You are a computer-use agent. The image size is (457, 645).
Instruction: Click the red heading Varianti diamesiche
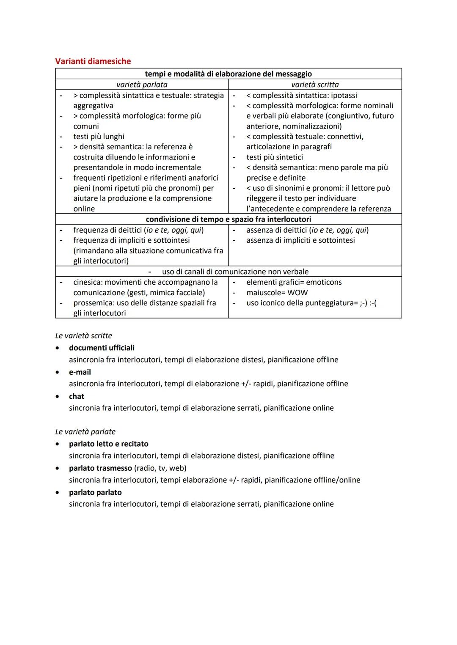point(93,61)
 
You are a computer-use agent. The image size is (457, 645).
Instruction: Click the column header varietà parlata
point(142,85)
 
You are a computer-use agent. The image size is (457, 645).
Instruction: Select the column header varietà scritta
point(315,85)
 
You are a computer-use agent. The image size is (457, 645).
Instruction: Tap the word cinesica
point(88,282)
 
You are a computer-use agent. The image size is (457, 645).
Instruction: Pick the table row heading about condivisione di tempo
point(228,220)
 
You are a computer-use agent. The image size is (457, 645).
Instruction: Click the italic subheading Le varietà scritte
point(84,336)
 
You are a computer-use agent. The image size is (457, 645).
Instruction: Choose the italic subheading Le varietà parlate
point(85,432)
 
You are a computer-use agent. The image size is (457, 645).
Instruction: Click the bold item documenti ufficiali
point(102,348)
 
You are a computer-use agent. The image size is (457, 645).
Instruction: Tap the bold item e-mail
point(80,372)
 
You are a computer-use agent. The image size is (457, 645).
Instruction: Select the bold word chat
point(77,397)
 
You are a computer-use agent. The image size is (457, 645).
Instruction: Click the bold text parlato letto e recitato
point(109,444)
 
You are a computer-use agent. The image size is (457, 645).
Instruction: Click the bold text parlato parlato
point(95,493)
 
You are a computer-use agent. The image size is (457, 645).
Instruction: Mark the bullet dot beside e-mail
point(58,372)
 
